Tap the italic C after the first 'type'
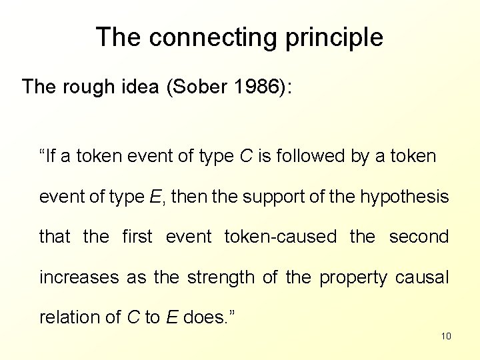[x=245, y=157]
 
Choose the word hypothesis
[x=404, y=197]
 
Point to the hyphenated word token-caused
[x=281, y=237]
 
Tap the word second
[x=419, y=237]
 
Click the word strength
[x=221, y=277]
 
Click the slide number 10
[x=446, y=335]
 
